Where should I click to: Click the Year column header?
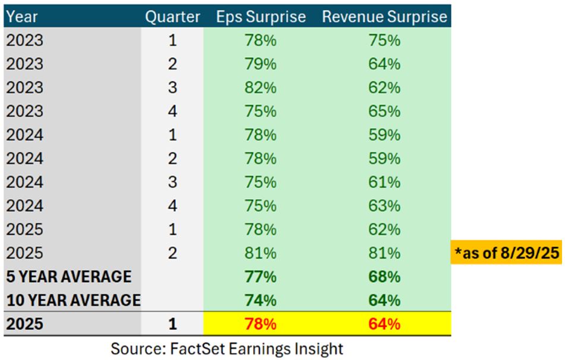tap(21, 17)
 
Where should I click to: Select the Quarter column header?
tap(172, 17)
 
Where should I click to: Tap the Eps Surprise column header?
tap(261, 17)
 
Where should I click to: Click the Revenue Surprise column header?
tap(384, 17)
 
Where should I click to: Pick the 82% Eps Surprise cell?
tap(260, 88)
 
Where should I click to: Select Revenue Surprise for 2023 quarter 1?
tap(384, 40)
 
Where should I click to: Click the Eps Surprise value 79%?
tap(260, 64)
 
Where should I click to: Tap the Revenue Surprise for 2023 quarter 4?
tap(384, 111)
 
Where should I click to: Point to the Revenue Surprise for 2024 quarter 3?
tap(384, 182)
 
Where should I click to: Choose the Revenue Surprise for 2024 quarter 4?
tap(384, 206)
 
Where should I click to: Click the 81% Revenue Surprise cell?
tap(384, 253)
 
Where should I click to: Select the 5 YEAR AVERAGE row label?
tap(69, 277)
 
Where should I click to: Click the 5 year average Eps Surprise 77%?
tap(260, 277)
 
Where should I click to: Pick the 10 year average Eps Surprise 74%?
tap(260, 301)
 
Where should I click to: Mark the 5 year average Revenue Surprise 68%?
tap(384, 277)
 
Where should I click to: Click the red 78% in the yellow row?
tap(260, 324)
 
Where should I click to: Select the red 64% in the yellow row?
tap(384, 324)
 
